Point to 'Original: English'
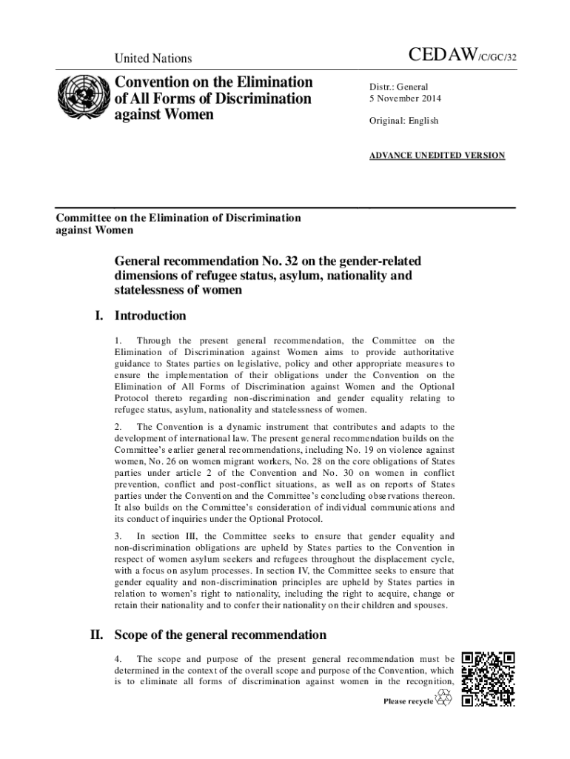[404, 120]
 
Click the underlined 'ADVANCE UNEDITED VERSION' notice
[437, 156]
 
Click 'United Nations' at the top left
[153, 59]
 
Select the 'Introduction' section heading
[150, 316]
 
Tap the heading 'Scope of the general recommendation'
[220, 635]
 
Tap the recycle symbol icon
[443, 698]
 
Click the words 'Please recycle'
[408, 701]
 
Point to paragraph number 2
[118, 427]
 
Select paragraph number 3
[118, 535]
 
